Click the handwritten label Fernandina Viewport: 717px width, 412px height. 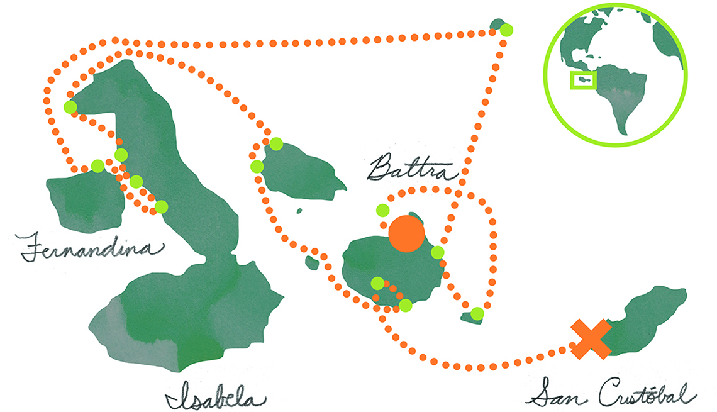[91, 247]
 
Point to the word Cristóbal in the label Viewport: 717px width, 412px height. [647, 393]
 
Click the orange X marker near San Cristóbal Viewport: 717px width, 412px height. [591, 339]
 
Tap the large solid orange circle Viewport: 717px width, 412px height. [406, 233]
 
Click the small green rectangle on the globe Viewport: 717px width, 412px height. [584, 80]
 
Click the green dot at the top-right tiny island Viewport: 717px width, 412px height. [506, 30]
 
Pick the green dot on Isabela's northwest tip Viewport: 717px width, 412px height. [70, 107]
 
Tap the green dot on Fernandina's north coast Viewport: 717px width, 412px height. [97, 165]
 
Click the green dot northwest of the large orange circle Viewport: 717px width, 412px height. [383, 210]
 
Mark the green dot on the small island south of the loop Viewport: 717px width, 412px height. [477, 314]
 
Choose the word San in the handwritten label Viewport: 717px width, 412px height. [558, 393]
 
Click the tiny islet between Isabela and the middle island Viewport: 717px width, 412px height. [299, 211]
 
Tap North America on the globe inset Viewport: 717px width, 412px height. [590, 36]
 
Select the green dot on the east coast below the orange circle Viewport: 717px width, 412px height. [438, 252]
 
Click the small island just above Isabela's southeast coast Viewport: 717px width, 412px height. [312, 262]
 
